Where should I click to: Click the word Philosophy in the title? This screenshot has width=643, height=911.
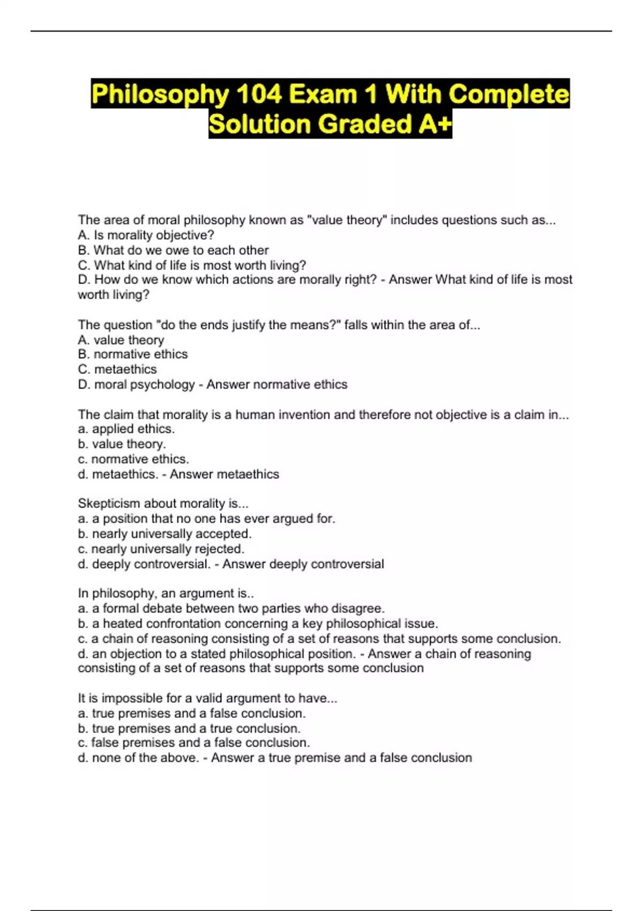click(x=160, y=94)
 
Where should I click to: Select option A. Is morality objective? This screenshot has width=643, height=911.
click(x=146, y=235)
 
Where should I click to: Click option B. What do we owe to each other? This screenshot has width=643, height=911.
click(x=173, y=250)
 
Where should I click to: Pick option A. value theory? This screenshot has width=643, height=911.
click(x=121, y=340)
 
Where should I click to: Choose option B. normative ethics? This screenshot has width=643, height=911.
click(x=132, y=354)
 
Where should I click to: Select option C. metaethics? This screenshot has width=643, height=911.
click(x=117, y=369)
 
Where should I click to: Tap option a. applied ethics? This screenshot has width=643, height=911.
click(x=126, y=429)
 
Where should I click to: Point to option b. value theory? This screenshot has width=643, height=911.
click(x=122, y=444)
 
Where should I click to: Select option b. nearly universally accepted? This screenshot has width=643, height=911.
click(x=165, y=534)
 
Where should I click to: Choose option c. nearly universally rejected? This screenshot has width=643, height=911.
click(x=161, y=549)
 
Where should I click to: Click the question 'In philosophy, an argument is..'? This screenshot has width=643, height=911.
click(x=166, y=593)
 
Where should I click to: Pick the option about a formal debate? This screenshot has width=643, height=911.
click(x=231, y=608)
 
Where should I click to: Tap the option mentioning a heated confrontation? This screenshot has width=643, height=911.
click(x=258, y=623)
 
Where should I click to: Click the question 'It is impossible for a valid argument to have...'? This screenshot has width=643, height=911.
click(x=207, y=698)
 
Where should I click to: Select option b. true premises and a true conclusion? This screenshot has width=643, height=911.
click(x=189, y=728)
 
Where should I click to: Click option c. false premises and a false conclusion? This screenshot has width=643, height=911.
click(x=193, y=743)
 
